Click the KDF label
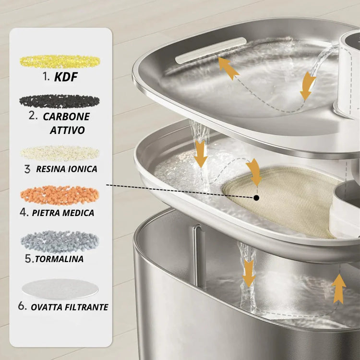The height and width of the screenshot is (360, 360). pos(66,77)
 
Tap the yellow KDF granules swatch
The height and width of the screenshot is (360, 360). pos(60,61)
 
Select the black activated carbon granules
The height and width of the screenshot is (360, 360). pos(60,101)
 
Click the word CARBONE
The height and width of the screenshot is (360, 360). pos(66,117)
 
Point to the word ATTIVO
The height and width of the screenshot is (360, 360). pos(67,130)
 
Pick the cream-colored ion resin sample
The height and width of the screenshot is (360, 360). pos(60,153)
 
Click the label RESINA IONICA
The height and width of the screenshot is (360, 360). pos(67,169)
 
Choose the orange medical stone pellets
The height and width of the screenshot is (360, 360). pos(60,195)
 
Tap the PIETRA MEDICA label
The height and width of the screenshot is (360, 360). pos(63,213)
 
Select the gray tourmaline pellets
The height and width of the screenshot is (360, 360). pos(60,241)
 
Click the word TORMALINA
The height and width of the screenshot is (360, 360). pos(59,259)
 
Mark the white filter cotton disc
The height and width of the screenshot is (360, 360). pos(60,289)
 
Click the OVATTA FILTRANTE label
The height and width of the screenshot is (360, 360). pos(70,307)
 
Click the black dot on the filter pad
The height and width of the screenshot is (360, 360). pos(257,198)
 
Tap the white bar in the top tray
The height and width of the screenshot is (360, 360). pos(211,50)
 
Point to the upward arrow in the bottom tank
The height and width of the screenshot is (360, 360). pos(339,289)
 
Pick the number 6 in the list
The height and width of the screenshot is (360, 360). pos(22,306)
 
